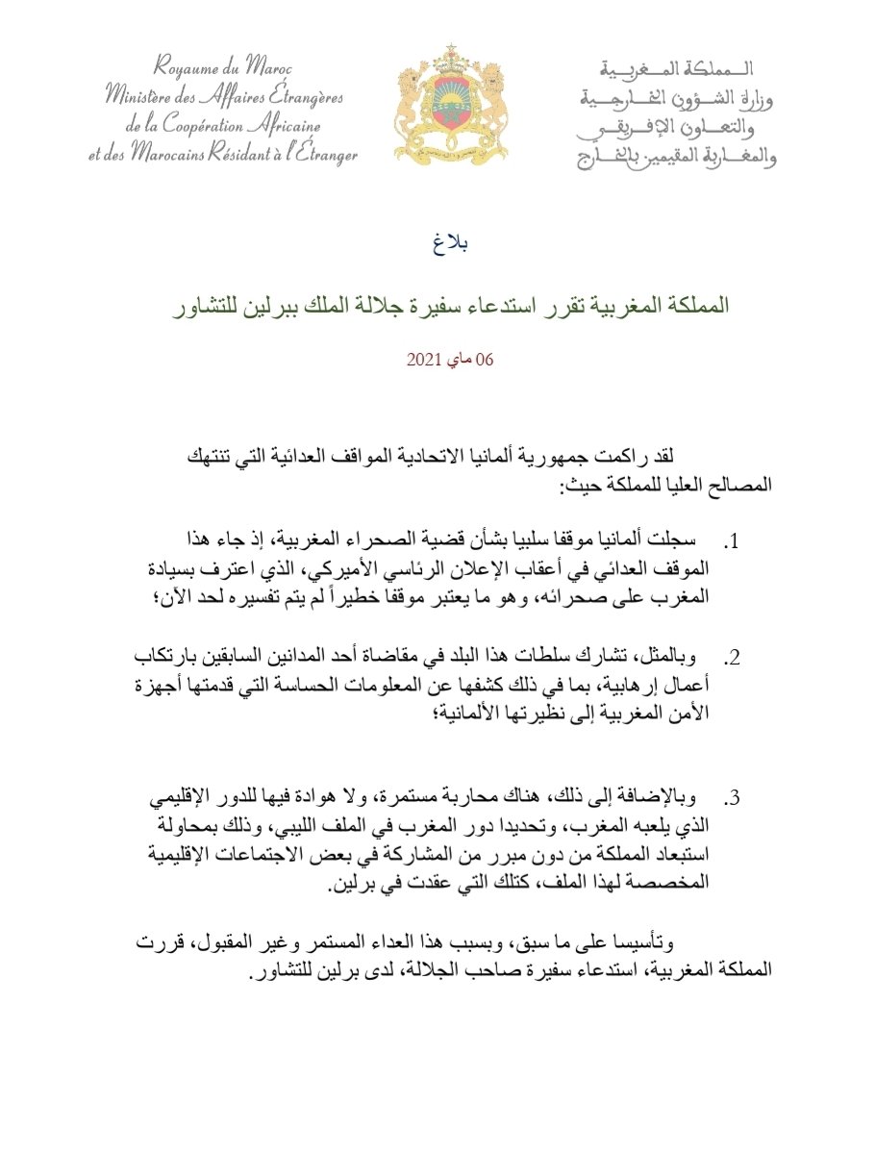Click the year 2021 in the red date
click(423, 361)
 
